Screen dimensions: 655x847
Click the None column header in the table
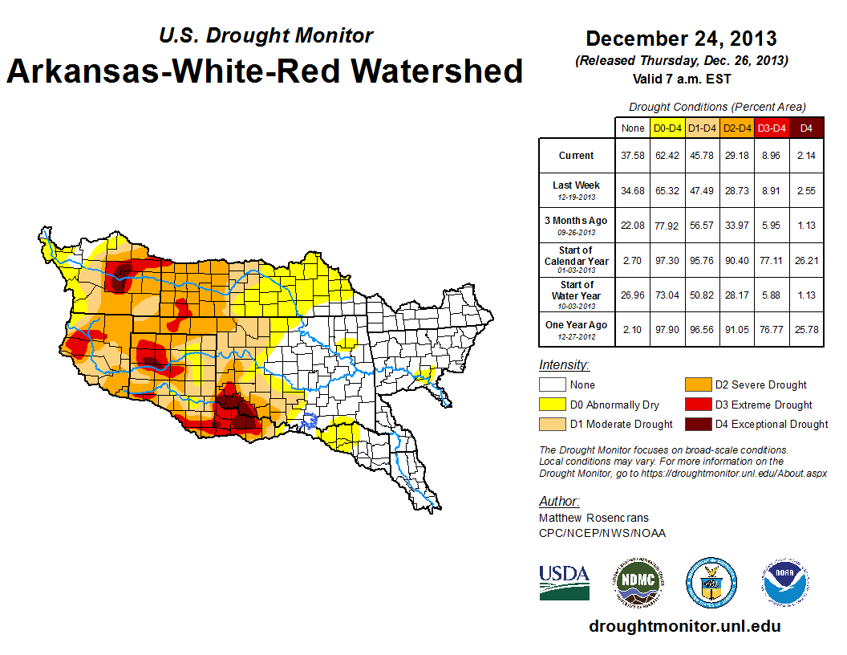coord(633,128)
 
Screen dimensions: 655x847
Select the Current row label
coord(577,156)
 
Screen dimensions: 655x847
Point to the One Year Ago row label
coord(577,325)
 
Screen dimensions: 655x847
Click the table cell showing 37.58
coord(633,156)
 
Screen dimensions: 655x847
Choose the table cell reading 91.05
coord(736,329)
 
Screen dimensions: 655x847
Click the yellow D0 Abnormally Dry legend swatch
coord(552,405)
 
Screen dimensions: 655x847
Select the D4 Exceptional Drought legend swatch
coord(698,424)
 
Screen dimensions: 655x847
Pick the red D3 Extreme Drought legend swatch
coord(698,405)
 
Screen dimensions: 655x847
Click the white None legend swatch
coord(552,385)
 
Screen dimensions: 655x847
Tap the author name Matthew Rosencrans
coord(594,518)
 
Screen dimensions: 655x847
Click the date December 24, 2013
coord(681,39)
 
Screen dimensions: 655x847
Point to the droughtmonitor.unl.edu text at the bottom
coord(684,626)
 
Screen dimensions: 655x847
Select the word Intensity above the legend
coord(564,365)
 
